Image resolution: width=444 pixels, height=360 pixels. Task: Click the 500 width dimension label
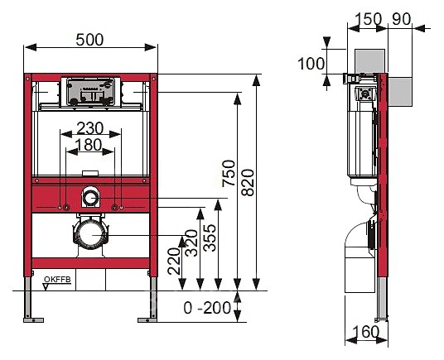89,40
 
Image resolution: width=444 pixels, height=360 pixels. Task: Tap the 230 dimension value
90,128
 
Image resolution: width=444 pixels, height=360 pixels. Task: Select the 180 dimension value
89,145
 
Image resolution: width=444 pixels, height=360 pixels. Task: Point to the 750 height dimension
229,173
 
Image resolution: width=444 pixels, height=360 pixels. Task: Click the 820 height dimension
248,182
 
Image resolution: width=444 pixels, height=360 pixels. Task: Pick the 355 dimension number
210,238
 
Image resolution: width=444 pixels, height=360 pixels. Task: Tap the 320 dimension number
191,243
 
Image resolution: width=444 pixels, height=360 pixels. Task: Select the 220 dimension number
174,261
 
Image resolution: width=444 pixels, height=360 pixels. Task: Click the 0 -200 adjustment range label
207,308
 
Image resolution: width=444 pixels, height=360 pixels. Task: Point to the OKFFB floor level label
57,280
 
